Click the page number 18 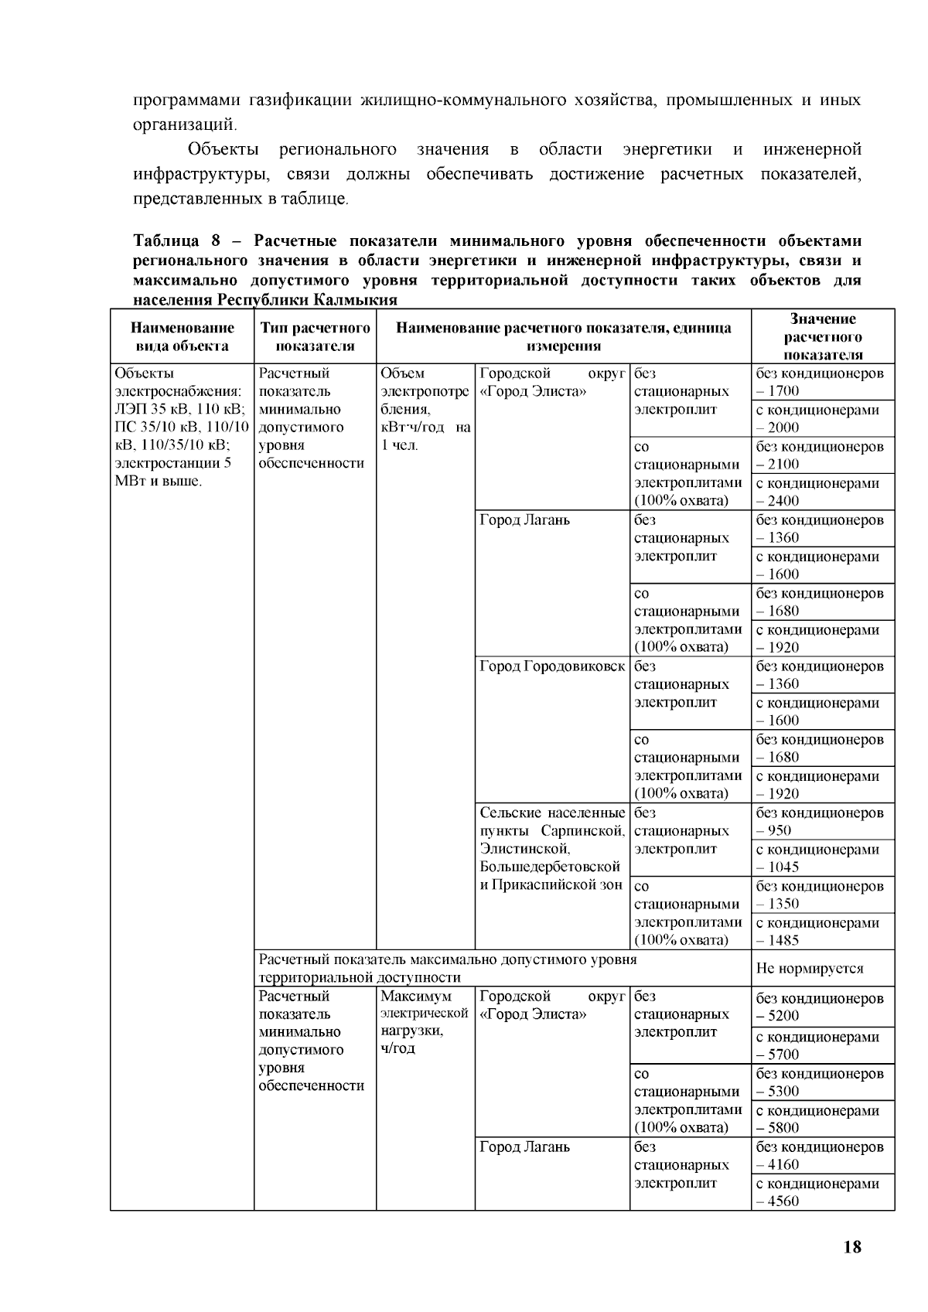tap(852, 1247)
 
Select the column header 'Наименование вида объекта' tap(182, 337)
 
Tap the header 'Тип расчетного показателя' tap(315, 337)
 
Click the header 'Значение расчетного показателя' tap(823, 337)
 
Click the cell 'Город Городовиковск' tap(551, 667)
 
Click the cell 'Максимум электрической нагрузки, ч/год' tap(425, 1022)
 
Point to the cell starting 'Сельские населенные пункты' tap(551, 849)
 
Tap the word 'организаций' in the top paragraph tap(183, 123)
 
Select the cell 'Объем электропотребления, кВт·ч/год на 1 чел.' tap(425, 410)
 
